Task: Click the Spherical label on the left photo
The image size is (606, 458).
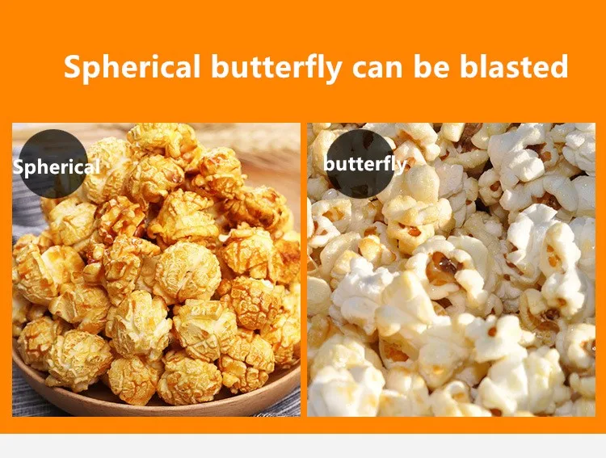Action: [55, 167]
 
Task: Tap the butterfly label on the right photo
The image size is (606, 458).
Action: [365, 164]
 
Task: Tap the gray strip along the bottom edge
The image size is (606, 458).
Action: [303, 446]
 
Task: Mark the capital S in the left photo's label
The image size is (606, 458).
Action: [18, 167]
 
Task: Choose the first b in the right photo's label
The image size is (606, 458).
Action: [329, 164]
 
